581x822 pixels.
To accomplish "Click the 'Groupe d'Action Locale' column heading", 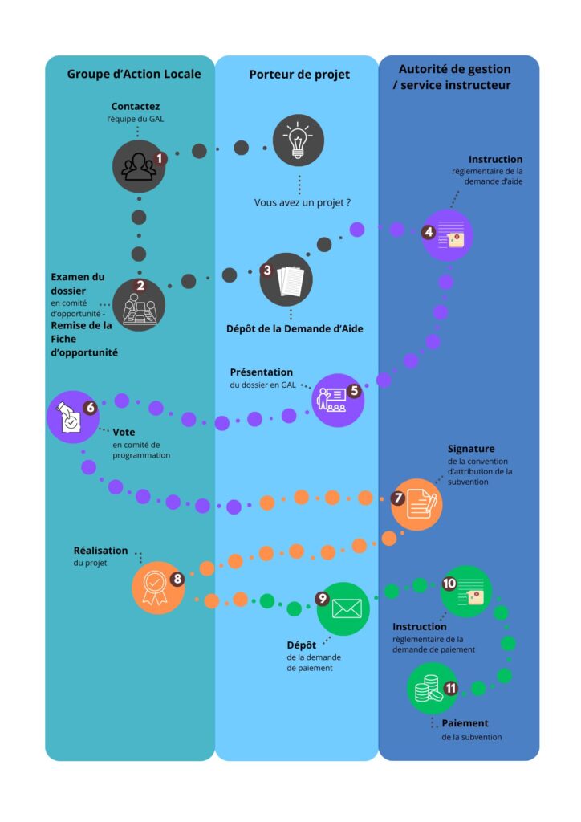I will pos(133,75).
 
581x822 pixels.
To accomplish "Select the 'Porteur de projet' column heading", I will pos(299,75).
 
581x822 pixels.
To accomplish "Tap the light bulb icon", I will pos(299,140).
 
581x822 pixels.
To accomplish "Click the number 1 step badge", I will pos(160,158).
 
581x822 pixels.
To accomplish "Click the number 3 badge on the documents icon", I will pos(266,271).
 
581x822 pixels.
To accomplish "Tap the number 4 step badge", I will pos(429,232).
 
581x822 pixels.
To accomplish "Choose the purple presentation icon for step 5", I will pos(337,399).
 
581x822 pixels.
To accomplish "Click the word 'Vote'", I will pos(124,432).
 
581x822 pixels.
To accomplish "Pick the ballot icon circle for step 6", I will pos(72,416).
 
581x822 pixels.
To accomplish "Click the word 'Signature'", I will pos(471,449).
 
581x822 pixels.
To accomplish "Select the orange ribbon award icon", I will pos(156,588).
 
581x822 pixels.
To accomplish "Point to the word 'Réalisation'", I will pos(100,551).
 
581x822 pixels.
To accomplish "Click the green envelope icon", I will pos(344,608).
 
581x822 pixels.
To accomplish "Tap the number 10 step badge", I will pos(449,583).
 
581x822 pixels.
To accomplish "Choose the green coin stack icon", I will pos(431,689).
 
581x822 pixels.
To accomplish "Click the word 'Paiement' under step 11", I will pos(465,723).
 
